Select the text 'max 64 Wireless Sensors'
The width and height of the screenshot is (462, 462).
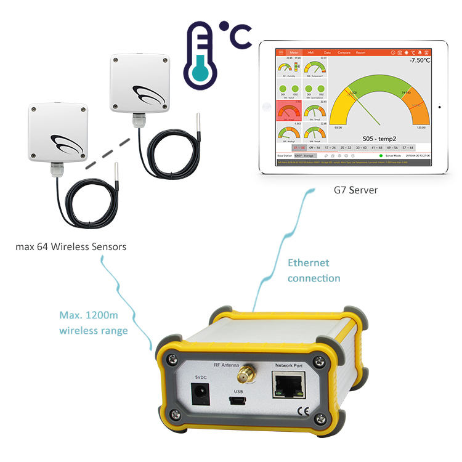(71, 247)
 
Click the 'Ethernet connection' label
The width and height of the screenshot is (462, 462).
(314, 270)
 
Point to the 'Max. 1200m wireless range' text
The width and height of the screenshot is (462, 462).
(94, 324)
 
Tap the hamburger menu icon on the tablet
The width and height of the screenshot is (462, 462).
(281, 52)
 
